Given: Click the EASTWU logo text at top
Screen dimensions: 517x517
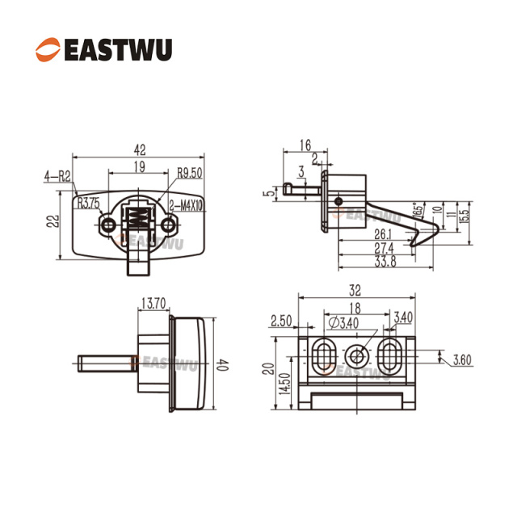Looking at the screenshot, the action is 118,50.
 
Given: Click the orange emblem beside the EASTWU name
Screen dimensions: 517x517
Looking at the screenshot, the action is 48,50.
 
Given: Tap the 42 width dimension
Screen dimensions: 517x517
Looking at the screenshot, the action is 140,150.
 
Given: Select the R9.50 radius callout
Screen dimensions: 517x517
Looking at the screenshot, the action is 190,173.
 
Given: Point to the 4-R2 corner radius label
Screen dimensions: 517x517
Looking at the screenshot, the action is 57,176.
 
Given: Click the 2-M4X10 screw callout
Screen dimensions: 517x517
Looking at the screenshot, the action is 186,206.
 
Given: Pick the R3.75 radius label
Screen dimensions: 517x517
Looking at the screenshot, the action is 88,204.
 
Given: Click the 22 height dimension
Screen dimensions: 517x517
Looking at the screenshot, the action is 53,221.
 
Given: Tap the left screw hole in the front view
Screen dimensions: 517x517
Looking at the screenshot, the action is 107,225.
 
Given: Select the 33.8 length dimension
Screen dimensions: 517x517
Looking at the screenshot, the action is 385,262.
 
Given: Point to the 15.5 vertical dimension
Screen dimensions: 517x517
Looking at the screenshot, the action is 463,216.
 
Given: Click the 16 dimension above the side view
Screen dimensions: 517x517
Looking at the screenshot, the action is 305,145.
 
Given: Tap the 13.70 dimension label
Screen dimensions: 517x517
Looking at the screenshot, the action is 153,304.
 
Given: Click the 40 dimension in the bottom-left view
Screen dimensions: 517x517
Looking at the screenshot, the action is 223,365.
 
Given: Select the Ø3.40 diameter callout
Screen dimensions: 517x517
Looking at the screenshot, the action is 343,323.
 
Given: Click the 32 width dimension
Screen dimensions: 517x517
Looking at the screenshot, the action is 355,291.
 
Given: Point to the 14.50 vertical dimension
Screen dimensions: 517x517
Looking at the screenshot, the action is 284,384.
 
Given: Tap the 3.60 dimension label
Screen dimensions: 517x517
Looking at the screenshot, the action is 462,359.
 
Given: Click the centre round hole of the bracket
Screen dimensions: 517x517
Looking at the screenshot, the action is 356,356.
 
